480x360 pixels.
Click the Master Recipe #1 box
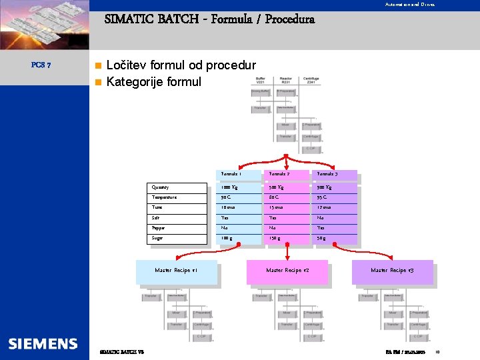click(176, 271)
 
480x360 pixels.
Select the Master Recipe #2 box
click(287, 271)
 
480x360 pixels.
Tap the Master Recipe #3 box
click(392, 271)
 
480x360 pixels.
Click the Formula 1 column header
click(231, 174)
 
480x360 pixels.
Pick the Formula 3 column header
click(328, 174)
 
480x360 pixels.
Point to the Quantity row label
click(161, 187)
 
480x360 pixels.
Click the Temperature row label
click(165, 198)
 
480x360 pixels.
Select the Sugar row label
click(157, 238)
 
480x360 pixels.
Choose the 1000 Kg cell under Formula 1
click(231, 187)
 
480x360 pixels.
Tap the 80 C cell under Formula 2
click(274, 198)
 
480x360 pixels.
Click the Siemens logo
click(43, 343)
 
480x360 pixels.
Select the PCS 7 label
click(38, 65)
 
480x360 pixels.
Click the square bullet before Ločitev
click(98, 65)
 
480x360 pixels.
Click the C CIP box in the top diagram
click(311, 149)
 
